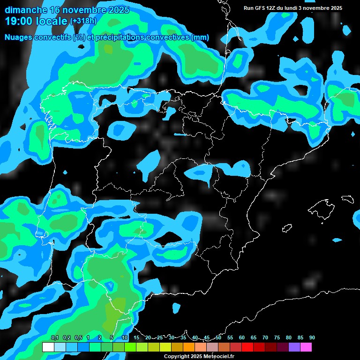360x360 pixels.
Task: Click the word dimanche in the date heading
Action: tap(25, 10)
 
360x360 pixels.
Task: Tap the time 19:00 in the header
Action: tap(18, 21)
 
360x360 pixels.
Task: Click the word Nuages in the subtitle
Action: tap(18, 37)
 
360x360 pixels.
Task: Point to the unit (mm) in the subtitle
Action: tap(200, 37)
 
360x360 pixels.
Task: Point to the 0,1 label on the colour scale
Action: tap(54, 338)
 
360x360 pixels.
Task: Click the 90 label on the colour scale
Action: tap(312, 338)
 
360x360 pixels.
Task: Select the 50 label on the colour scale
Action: tap(218, 338)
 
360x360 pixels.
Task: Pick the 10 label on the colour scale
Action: tap(124, 338)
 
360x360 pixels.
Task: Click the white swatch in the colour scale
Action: tap(48, 347)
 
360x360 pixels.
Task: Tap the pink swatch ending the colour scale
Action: tap(306, 347)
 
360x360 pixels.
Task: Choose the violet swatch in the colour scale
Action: tap(294, 347)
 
